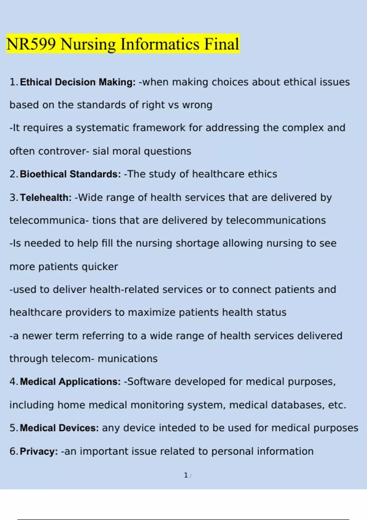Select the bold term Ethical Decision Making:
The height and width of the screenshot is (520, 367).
pyautogui.click(x=78, y=82)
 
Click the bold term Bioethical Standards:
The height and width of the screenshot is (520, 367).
pyautogui.click(x=70, y=174)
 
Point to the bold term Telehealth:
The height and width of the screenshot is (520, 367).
pyautogui.click(x=46, y=198)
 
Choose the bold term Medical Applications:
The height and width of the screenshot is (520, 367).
pyautogui.click(x=70, y=382)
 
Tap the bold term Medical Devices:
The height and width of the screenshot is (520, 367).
pyautogui.click(x=59, y=428)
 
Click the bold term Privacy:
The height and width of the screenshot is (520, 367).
pyautogui.click(x=39, y=451)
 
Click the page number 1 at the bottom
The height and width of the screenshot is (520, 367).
pyautogui.click(x=186, y=475)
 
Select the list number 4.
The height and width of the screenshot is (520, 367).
pyautogui.click(x=13, y=382)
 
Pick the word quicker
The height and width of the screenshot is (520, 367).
pyautogui.click(x=100, y=267)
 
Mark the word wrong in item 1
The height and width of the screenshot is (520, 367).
pyautogui.click(x=197, y=105)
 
